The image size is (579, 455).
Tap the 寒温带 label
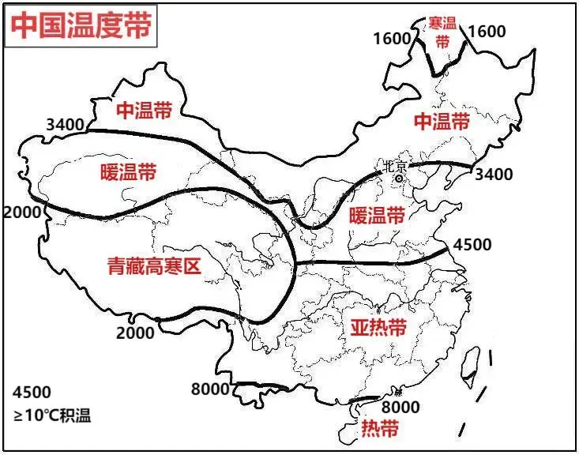(x=443, y=32)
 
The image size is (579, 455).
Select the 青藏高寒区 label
(x=154, y=267)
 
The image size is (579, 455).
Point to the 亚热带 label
(x=378, y=327)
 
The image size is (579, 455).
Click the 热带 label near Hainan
(x=379, y=429)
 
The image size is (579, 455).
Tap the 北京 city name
(x=394, y=167)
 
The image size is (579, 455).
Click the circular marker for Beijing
(x=400, y=179)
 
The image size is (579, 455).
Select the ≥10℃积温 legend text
(x=51, y=416)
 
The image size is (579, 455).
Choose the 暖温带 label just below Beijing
(x=376, y=215)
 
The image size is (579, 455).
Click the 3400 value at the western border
(x=66, y=124)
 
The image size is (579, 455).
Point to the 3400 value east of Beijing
(x=494, y=174)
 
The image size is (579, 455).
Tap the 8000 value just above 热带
(x=400, y=408)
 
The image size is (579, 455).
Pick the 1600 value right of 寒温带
(x=487, y=32)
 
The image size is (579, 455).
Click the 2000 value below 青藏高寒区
(x=135, y=333)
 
